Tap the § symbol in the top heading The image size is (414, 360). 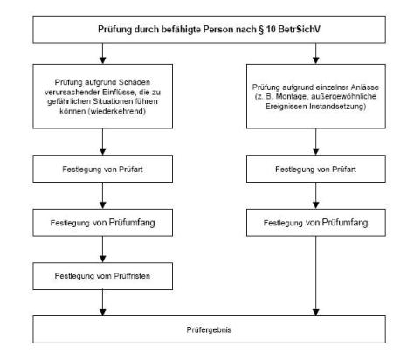coord(260,30)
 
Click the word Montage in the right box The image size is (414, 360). coord(289,96)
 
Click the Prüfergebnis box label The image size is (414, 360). coord(209,329)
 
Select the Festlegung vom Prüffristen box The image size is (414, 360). coord(103,276)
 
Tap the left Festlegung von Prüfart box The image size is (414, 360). coord(103,169)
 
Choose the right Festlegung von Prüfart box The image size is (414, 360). coord(316,169)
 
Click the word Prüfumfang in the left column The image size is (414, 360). coord(132,223)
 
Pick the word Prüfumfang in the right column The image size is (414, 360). coord(345,223)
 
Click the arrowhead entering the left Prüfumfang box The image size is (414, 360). coord(103,205)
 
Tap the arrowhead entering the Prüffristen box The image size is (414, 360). coord(103,259)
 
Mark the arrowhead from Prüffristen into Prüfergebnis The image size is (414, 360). coord(103,312)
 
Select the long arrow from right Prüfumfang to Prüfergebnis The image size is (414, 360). coord(316,276)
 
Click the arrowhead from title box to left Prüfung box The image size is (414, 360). coord(103,60)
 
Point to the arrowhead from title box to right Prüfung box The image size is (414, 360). coord(316,60)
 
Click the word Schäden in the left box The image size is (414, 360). coord(135,82)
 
